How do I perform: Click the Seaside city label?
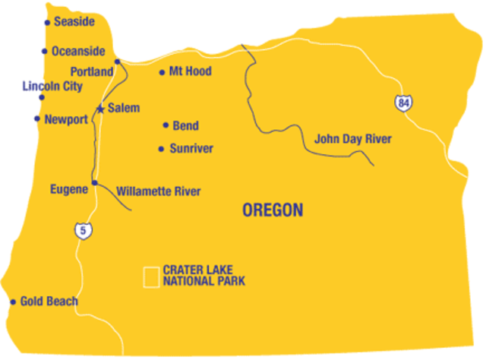[74, 22]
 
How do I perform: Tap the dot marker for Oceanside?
[44, 52]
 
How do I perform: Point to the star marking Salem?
[100, 109]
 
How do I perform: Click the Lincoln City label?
[52, 87]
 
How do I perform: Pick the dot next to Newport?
[37, 118]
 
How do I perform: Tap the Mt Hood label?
[190, 71]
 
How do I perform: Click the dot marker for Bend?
[165, 125]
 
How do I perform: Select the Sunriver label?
[191, 148]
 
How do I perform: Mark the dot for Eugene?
[94, 183]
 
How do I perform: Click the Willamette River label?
[159, 191]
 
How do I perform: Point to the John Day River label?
[353, 139]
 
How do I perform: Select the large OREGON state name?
[273, 210]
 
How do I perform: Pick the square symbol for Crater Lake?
[152, 276]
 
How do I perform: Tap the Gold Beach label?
[49, 302]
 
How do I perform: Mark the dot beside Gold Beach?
[13, 302]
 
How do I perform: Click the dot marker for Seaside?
[47, 23]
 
